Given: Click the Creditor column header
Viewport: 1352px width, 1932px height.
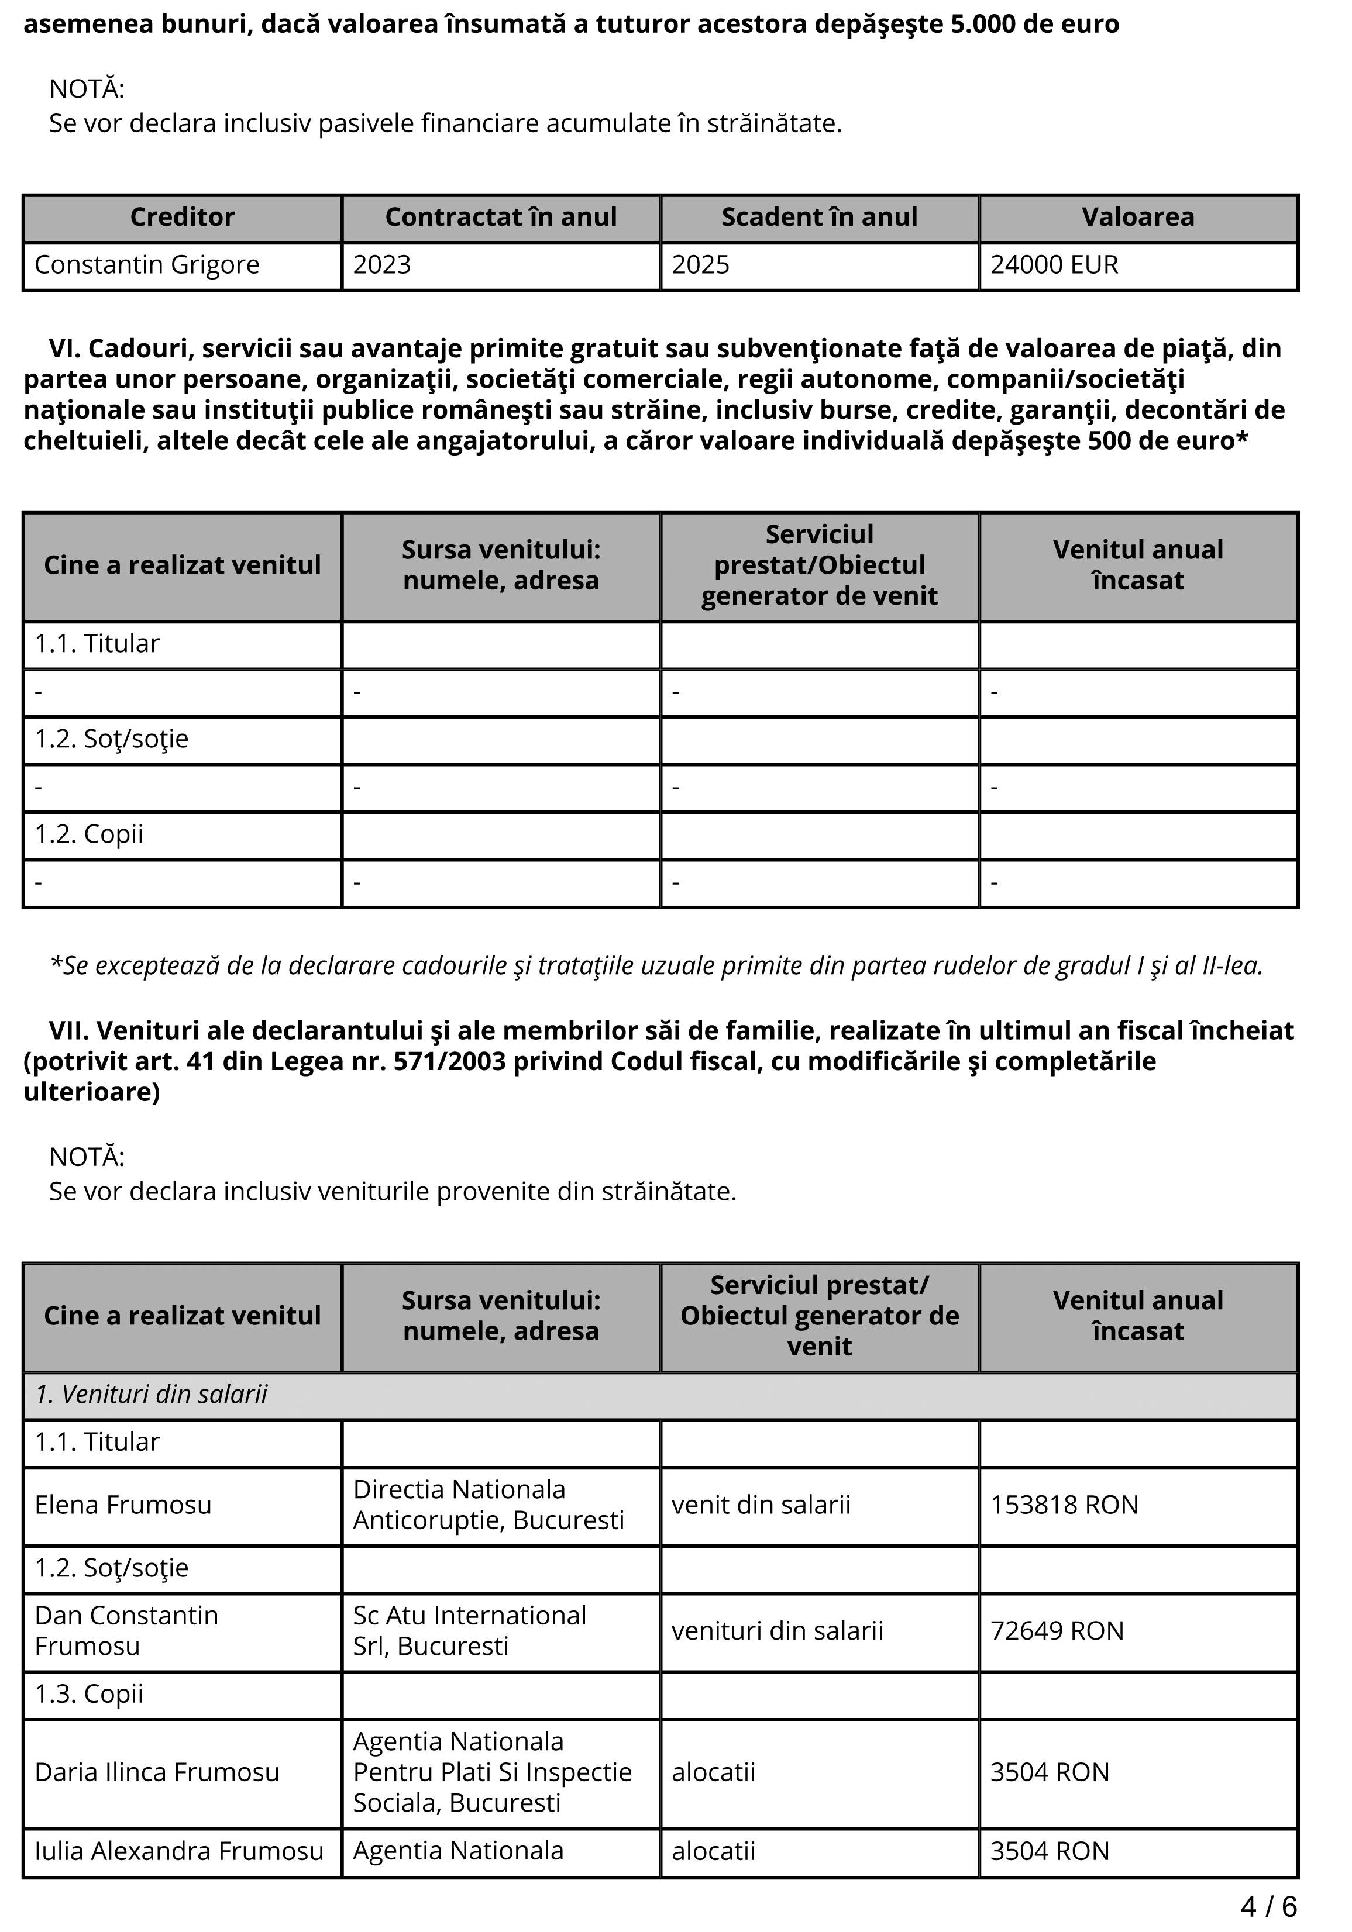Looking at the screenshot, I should click(x=182, y=217).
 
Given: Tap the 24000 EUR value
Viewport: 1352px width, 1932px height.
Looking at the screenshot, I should click(x=1054, y=265).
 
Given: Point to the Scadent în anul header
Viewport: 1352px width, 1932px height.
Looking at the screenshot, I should click(x=819, y=217).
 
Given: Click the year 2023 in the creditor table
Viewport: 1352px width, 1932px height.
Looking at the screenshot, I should click(x=381, y=265).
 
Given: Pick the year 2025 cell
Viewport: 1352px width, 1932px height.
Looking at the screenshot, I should click(x=700, y=265).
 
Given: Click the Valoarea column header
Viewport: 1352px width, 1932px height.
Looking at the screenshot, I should click(x=1137, y=217).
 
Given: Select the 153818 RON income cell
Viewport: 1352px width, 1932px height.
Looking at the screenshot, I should click(x=1064, y=1505).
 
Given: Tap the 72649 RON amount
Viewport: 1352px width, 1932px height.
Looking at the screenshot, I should click(x=1057, y=1631).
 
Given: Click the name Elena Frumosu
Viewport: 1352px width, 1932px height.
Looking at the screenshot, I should click(x=123, y=1505).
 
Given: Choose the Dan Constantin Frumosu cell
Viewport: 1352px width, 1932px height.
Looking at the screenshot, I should click(x=126, y=1631).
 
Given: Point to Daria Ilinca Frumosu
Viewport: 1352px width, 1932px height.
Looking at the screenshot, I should click(x=157, y=1772).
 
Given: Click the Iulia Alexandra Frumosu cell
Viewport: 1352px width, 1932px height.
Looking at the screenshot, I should click(x=178, y=1851).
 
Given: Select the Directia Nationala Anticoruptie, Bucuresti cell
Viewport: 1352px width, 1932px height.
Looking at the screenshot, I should click(x=488, y=1505).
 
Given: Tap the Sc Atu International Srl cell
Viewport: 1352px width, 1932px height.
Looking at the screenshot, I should click(x=469, y=1631).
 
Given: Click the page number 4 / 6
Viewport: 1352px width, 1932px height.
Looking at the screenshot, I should click(x=1269, y=1906).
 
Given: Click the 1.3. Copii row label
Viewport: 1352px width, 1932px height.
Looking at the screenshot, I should click(x=90, y=1694).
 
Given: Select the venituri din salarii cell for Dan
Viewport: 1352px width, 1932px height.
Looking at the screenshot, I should click(x=777, y=1631).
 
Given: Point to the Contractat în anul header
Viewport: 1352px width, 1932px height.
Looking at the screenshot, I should click(x=501, y=217).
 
